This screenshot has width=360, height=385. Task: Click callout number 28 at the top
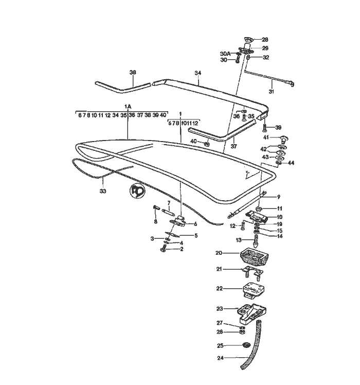265,40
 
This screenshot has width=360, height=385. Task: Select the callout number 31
271,92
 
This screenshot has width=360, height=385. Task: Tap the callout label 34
197,74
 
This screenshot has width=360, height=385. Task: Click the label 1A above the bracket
129,107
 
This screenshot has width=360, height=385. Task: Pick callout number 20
219,253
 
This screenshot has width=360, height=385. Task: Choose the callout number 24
220,358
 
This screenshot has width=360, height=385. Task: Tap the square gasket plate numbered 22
252,290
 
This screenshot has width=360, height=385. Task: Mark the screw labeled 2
163,250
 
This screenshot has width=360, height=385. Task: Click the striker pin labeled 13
255,240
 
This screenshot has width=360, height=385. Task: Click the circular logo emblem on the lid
137,189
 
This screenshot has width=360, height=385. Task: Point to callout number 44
292,163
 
